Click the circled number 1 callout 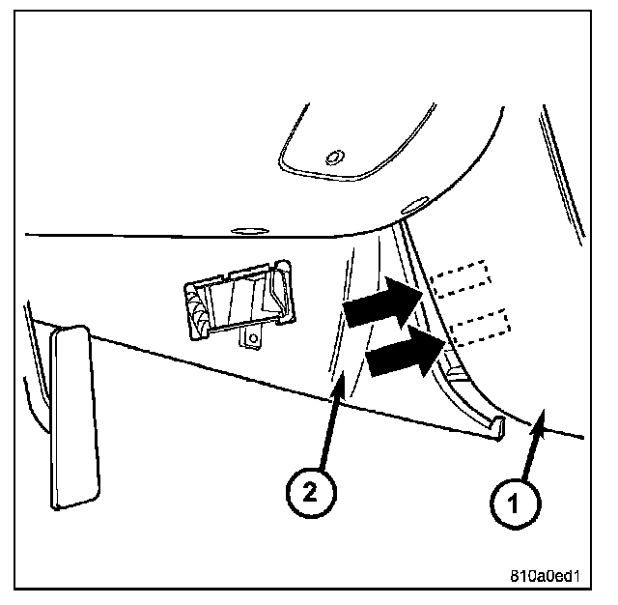(513, 501)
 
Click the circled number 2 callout (306, 493)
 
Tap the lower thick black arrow (402, 352)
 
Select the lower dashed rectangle (479, 328)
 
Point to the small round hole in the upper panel (334, 157)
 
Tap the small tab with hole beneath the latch (254, 335)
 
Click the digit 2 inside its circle (306, 493)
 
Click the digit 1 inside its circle (513, 501)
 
